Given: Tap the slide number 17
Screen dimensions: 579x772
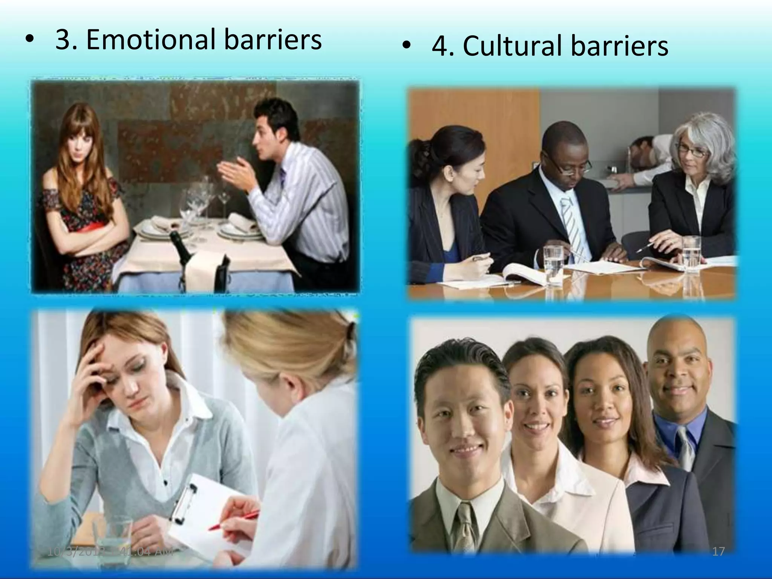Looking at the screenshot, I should pyautogui.click(x=718, y=552).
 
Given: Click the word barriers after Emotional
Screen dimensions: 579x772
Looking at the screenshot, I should pyautogui.click(x=273, y=40).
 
